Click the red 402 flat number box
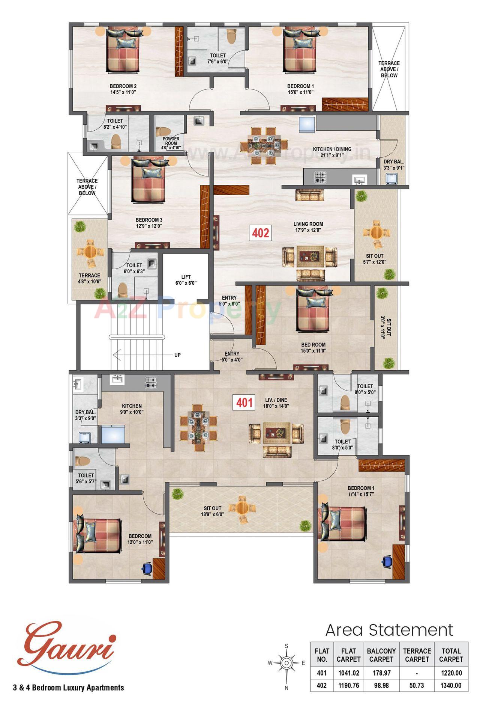[x=260, y=233]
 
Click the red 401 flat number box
[x=244, y=403]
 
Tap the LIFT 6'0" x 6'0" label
[x=186, y=280]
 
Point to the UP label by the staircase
[x=177, y=355]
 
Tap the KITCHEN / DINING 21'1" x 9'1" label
[x=332, y=152]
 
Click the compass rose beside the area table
[x=286, y=663]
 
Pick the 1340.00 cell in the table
[x=451, y=685]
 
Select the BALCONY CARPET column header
[x=381, y=655]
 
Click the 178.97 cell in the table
[x=381, y=673]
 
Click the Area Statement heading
[x=389, y=630]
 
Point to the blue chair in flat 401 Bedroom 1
[x=386, y=561]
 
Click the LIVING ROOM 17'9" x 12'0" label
[x=308, y=227]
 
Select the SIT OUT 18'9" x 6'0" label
[x=212, y=511]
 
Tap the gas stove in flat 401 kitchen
[x=151, y=382]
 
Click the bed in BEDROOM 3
[x=148, y=180]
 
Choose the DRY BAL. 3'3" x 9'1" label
[x=393, y=165]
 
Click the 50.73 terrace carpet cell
[x=417, y=685]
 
